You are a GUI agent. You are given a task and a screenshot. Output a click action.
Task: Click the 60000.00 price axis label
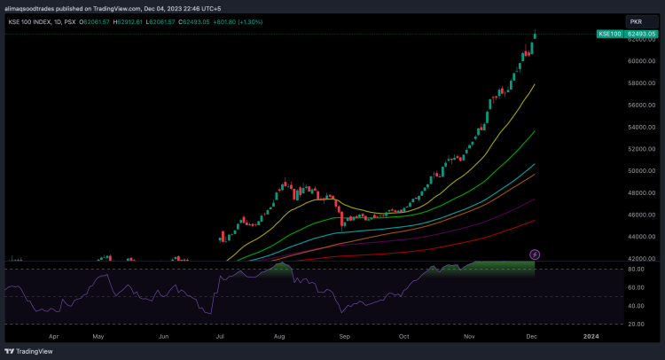click(641, 61)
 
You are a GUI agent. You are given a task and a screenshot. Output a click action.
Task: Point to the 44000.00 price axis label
click(641, 237)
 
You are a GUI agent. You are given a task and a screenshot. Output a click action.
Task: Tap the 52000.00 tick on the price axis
click(641, 149)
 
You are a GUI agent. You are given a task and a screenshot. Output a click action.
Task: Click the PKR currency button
click(636, 20)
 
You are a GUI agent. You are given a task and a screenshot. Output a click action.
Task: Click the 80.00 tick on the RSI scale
click(636, 269)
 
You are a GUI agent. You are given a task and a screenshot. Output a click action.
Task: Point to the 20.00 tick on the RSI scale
click(636, 324)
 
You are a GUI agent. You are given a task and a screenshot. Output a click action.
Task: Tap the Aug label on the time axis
click(280, 338)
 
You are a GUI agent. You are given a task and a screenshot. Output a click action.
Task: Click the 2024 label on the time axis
click(591, 338)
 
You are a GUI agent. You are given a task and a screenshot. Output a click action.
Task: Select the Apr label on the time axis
click(54, 338)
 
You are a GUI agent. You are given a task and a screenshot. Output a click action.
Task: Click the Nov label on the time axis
click(470, 338)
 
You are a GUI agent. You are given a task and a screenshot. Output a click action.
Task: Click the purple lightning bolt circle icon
click(535, 254)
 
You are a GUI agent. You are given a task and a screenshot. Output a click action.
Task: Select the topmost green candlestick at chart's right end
click(535, 35)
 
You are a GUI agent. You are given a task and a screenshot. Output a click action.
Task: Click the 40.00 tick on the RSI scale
click(636, 306)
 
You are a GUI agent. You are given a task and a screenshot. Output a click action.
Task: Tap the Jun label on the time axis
click(164, 338)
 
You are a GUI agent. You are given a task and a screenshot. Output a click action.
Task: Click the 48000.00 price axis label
click(641, 193)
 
